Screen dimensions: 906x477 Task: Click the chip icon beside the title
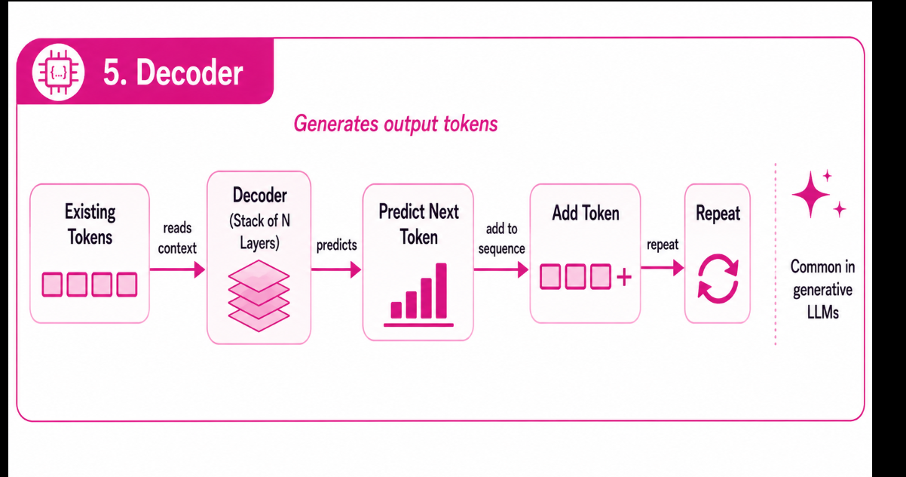click(x=58, y=72)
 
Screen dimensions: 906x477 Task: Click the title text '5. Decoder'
click(x=173, y=73)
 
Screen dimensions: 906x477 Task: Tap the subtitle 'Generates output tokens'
click(x=396, y=124)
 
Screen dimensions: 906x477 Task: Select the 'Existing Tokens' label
click(x=90, y=224)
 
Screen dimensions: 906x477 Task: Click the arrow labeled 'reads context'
click(x=178, y=269)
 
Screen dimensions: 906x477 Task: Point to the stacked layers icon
click(x=259, y=296)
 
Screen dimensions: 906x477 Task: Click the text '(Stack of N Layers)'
click(x=260, y=232)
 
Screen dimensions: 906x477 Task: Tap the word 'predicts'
click(x=336, y=245)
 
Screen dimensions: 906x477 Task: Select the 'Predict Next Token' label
click(x=418, y=224)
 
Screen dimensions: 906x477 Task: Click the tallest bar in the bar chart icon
click(x=441, y=291)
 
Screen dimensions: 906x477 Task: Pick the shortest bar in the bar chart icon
click(x=396, y=310)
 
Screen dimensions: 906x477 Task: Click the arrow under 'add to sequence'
click(x=501, y=269)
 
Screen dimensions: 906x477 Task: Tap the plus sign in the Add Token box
click(x=624, y=278)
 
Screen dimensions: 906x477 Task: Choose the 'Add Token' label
click(x=586, y=214)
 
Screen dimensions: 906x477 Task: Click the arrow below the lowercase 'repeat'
click(x=663, y=268)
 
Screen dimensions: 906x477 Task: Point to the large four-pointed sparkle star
click(x=810, y=195)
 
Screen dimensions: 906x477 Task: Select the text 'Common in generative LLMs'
click(x=822, y=290)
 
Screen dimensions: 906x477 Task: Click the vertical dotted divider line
click(x=776, y=254)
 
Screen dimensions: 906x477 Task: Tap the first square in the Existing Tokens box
click(x=52, y=285)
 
